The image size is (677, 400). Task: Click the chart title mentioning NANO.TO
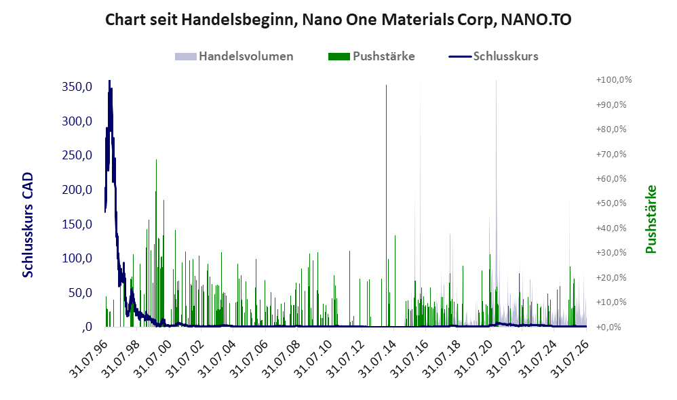(338, 20)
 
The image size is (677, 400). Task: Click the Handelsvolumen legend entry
(234, 56)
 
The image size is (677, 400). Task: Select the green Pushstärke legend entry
(371, 56)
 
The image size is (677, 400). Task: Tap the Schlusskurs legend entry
(493, 56)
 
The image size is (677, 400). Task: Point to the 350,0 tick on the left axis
(77, 87)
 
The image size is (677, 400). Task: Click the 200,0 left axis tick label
(77, 189)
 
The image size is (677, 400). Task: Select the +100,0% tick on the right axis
(613, 80)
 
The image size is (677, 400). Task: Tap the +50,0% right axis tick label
(611, 203)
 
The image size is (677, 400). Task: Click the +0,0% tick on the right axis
(608, 327)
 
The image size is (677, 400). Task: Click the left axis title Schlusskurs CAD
(28, 225)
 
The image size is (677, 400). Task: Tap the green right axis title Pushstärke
(651, 219)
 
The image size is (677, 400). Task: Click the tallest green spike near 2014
(387, 205)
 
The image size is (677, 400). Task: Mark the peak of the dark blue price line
(109, 81)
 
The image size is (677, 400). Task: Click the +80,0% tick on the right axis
(611, 129)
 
